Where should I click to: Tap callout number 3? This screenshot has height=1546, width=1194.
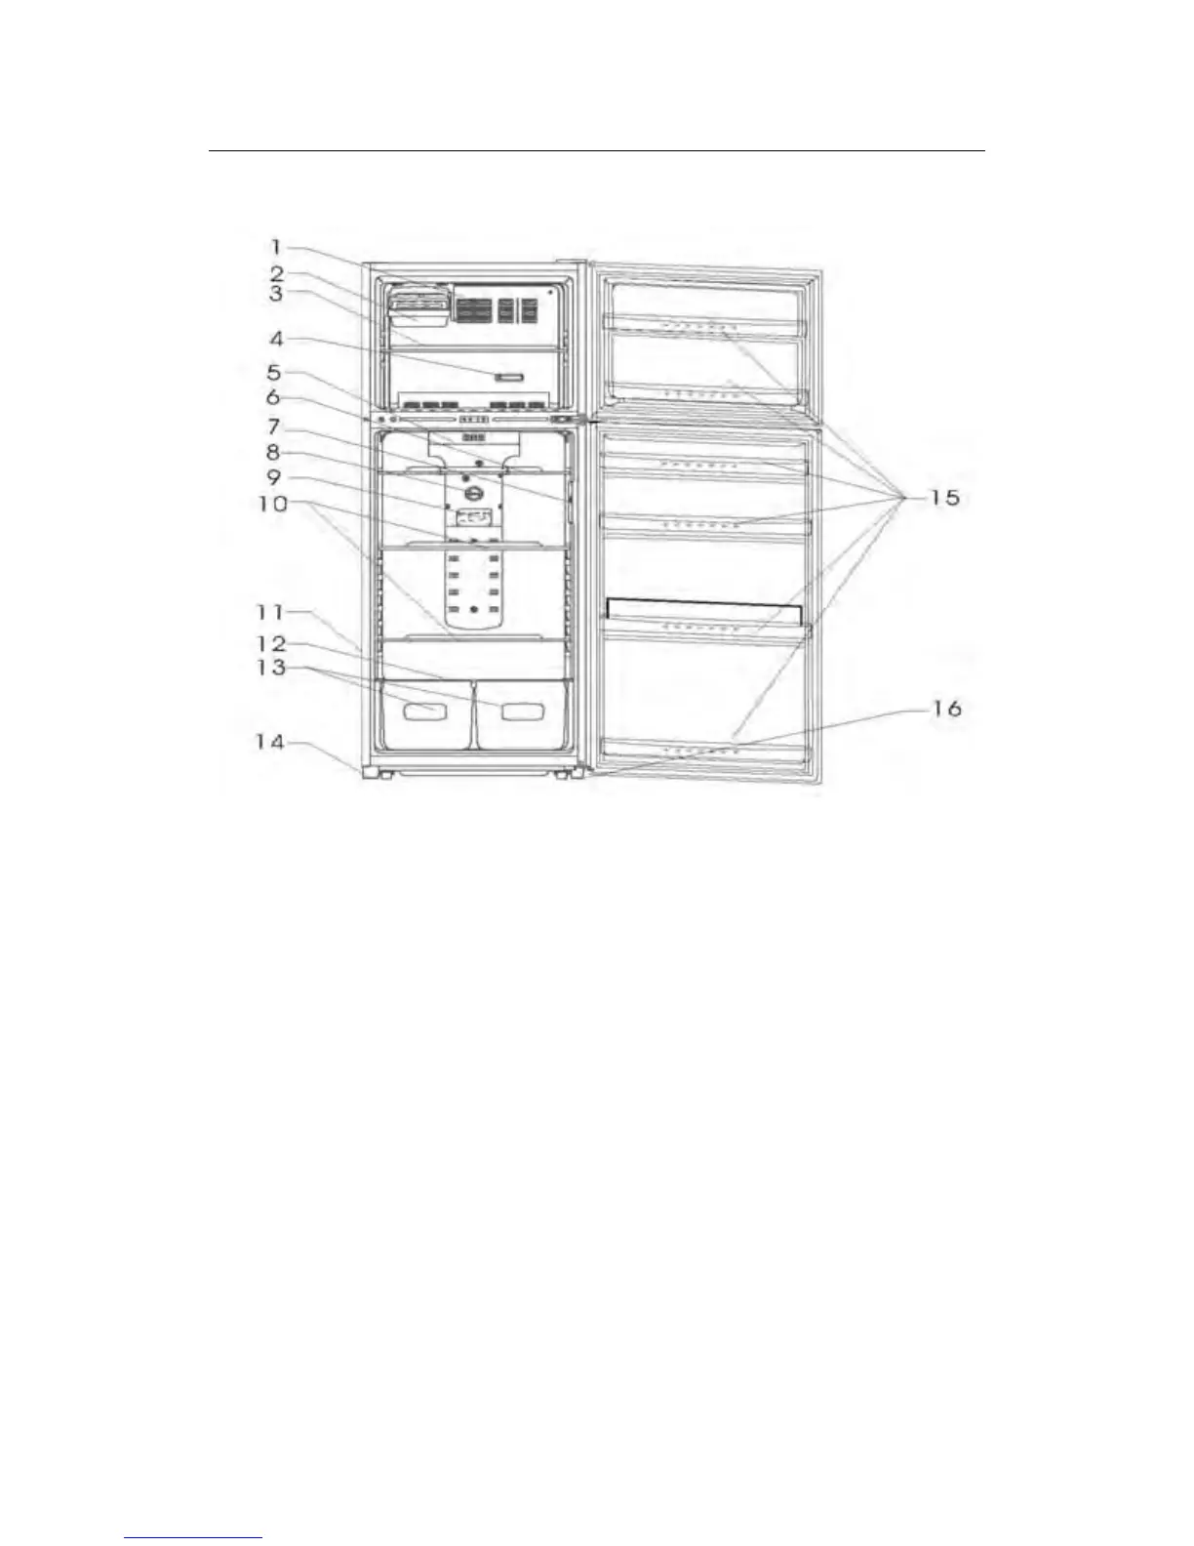coord(277,292)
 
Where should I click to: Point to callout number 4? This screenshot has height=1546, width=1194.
coord(276,340)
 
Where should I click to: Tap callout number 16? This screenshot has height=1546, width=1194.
coord(945,709)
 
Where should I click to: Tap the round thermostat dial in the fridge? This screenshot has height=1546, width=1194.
coord(474,495)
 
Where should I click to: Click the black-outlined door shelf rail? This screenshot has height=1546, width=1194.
coord(704,612)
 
